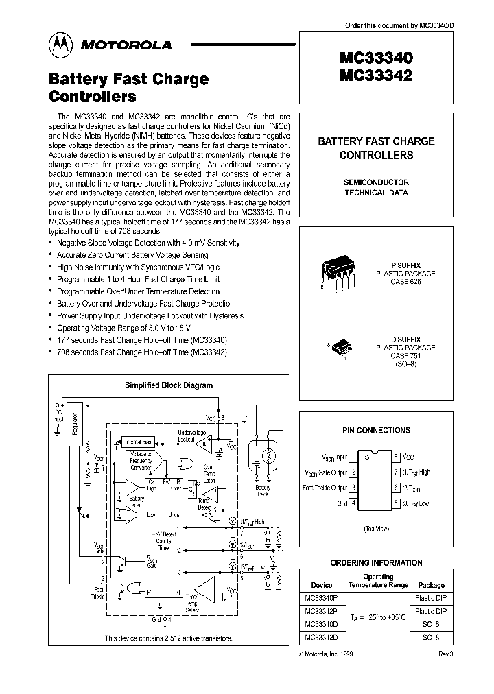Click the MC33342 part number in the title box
(375, 76)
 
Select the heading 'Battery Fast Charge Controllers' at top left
(128, 87)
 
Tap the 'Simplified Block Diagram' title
(168, 385)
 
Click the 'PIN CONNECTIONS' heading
(376, 430)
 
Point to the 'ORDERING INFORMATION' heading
(376, 562)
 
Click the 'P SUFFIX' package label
(405, 265)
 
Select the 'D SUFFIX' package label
(405, 339)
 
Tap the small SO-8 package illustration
(340, 348)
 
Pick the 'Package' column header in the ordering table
(431, 585)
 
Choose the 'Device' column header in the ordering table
(322, 585)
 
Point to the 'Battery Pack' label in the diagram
(263, 491)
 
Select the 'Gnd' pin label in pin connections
(342, 503)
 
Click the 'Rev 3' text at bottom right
(445, 654)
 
